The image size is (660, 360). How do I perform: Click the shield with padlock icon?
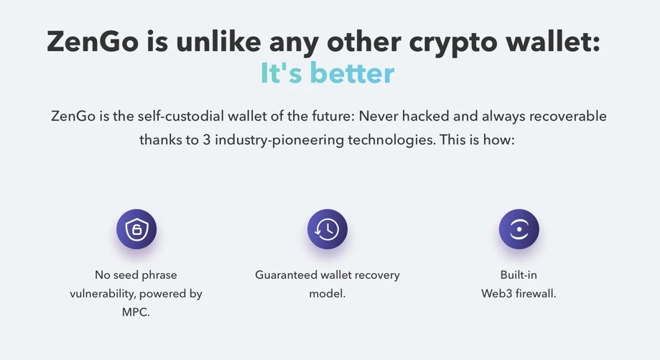(x=136, y=230)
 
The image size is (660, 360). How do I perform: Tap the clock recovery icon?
(x=327, y=230)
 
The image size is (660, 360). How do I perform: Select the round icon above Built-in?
(x=519, y=230)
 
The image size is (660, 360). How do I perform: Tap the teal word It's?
(x=281, y=73)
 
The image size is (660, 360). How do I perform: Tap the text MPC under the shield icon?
(x=136, y=313)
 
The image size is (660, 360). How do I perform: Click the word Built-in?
(x=519, y=274)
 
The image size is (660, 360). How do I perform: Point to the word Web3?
(x=494, y=293)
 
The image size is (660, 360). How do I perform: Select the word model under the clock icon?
(x=326, y=293)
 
